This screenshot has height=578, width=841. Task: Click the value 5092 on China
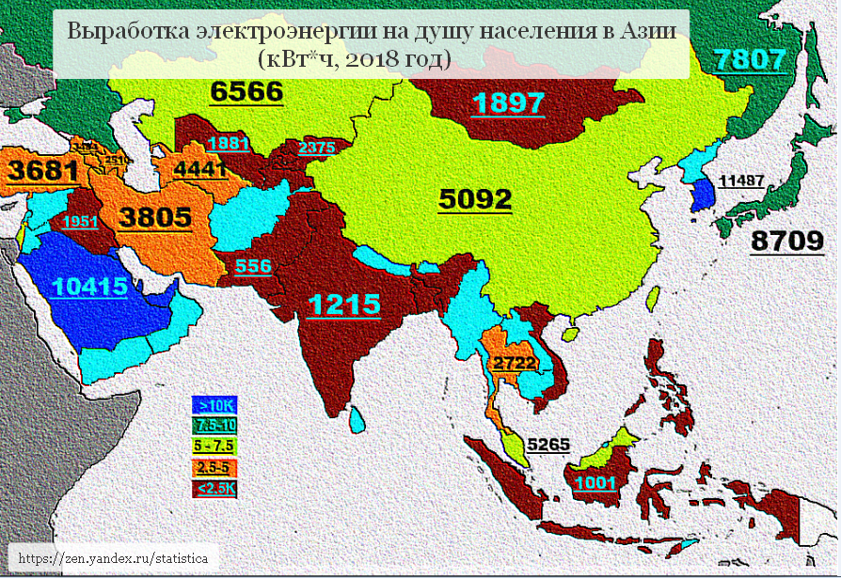click(476, 199)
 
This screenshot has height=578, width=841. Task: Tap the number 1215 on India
click(345, 305)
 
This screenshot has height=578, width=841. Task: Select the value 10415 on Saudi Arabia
click(90, 288)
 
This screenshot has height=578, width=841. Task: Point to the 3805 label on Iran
click(156, 218)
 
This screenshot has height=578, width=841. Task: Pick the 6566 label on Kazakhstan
click(246, 91)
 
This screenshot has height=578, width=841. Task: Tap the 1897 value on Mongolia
click(509, 102)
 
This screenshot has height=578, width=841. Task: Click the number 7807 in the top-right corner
click(749, 61)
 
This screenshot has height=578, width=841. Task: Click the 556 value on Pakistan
click(253, 266)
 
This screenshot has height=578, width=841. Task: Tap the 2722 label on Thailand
click(515, 362)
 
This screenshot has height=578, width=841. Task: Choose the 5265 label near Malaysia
click(548, 445)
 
